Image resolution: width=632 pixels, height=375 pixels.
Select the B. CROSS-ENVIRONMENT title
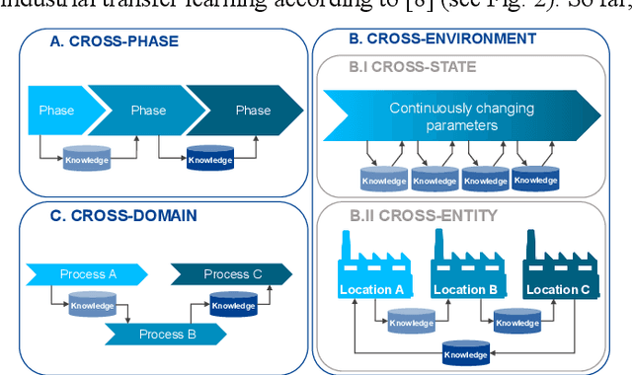pos(442,39)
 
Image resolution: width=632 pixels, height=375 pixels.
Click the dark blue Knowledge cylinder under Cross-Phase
pos(210,158)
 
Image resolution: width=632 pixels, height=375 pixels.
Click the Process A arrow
pos(86,273)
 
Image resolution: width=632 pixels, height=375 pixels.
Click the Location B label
pos(464,289)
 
